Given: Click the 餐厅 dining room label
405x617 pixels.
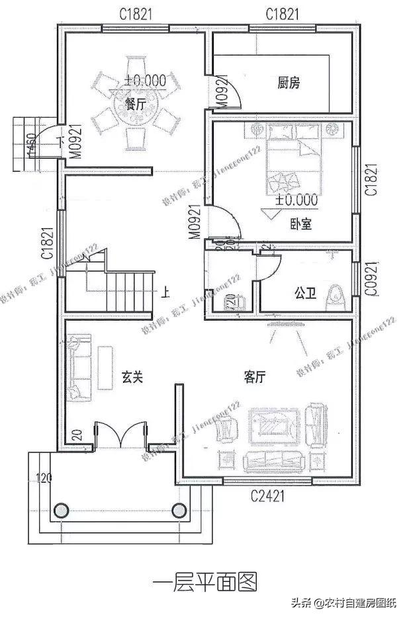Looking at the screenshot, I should click(136, 103).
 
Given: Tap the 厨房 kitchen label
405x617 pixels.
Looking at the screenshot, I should click(289, 83).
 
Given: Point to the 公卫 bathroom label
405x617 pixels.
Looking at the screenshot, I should click(304, 291).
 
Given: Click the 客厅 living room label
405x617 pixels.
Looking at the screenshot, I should click(255, 377).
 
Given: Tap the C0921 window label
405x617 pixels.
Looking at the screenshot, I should click(372, 282).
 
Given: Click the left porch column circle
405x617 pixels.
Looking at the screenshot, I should click(61, 510).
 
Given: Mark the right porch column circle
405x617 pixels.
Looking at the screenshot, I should click(178, 510).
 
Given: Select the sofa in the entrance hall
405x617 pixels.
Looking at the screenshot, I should click(78, 368).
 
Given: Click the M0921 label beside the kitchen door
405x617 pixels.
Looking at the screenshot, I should click(221, 90).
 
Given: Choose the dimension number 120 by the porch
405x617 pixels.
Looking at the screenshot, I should click(44, 477).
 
